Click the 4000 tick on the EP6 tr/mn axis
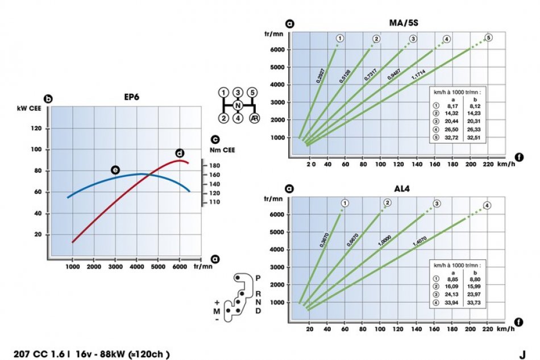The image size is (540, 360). tap(137, 266)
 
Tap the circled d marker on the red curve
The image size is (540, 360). tap(180, 153)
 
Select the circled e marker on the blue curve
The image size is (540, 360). tap(115, 170)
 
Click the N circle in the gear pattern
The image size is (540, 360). tap(239, 106)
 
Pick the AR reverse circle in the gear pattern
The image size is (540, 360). tap(254, 118)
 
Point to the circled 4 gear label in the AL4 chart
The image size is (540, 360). tap(487, 205)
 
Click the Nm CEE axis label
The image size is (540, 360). tap(222, 150)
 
